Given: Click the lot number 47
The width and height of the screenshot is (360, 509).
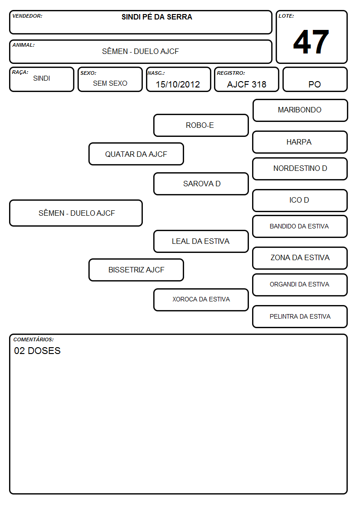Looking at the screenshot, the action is click(x=311, y=42).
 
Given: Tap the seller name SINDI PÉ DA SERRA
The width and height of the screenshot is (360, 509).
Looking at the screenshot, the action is click(x=157, y=17).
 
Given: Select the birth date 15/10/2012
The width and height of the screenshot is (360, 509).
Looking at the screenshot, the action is click(x=178, y=84).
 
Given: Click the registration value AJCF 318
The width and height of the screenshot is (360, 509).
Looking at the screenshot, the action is click(x=247, y=84).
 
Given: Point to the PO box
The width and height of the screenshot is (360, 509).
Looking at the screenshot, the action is click(x=315, y=79).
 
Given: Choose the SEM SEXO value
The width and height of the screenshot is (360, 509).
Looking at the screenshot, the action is click(x=110, y=83).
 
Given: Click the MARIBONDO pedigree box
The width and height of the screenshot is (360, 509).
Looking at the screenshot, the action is click(x=300, y=111).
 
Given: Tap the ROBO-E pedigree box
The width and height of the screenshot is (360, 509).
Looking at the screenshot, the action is click(x=201, y=125).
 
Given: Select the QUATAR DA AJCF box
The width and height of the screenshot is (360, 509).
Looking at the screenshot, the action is click(x=136, y=154).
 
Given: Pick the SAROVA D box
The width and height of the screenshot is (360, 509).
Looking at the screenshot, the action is click(x=201, y=184).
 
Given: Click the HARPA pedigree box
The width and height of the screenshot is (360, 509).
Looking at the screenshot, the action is click(x=300, y=142).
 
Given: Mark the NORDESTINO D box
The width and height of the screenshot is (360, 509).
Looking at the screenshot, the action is click(x=300, y=169).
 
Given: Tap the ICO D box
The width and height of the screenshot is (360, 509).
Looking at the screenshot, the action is click(x=300, y=201).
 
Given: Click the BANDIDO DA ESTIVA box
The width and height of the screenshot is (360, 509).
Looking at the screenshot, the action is click(x=300, y=227).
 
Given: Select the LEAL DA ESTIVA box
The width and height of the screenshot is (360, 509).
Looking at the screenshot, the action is click(x=201, y=242).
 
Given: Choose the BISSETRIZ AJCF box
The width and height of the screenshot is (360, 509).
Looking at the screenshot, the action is click(x=136, y=270).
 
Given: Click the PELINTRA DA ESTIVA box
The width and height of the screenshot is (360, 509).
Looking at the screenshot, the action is click(x=300, y=317).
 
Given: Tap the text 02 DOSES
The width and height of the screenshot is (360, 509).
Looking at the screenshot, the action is click(x=37, y=351).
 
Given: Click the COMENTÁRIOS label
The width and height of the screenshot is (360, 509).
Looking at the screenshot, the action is click(x=34, y=339).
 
